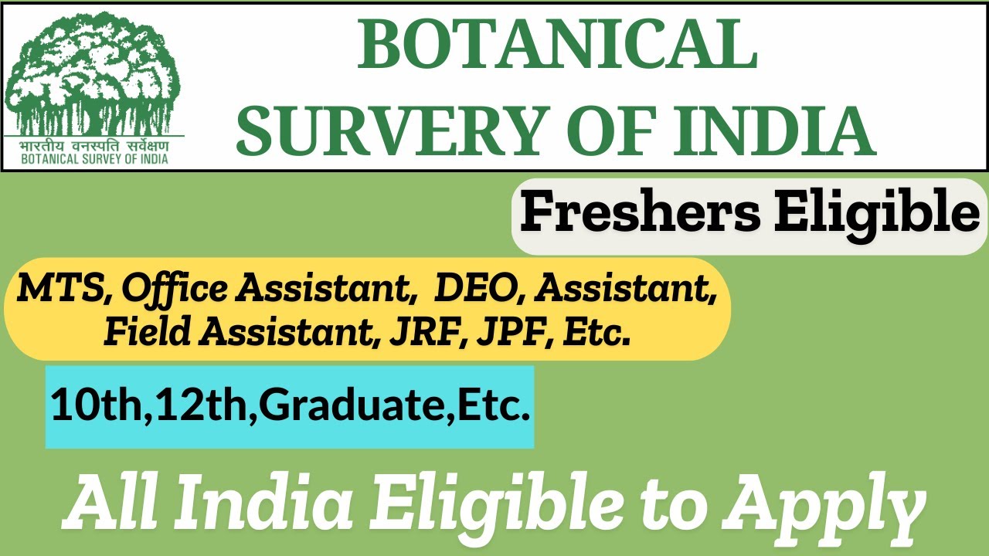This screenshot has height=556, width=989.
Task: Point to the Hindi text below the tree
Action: pos(94,146)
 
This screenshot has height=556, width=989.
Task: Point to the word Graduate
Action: pos(356,405)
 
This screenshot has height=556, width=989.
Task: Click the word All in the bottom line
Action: pos(110,504)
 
